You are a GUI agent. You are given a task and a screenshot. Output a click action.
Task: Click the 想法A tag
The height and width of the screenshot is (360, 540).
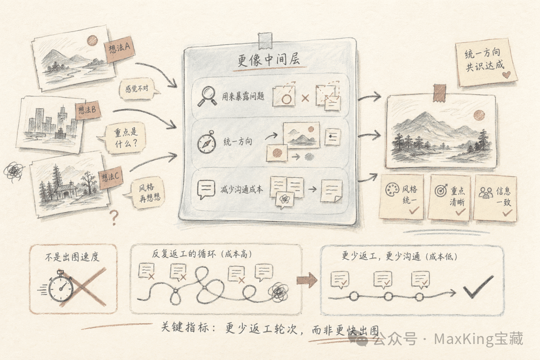click(x=119, y=48)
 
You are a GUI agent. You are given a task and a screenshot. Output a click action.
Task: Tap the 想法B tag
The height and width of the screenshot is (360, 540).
click(x=87, y=111)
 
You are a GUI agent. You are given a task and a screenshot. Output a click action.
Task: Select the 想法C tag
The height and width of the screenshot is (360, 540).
click(x=111, y=177)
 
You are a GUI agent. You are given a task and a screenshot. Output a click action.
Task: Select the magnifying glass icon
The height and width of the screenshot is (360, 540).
click(x=206, y=95)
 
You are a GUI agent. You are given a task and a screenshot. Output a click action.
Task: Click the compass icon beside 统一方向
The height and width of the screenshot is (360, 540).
click(x=206, y=142)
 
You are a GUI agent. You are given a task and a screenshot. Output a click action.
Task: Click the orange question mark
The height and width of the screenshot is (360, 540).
click(x=114, y=217)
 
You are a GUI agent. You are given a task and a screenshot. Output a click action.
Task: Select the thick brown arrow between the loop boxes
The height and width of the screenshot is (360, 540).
click(x=306, y=280)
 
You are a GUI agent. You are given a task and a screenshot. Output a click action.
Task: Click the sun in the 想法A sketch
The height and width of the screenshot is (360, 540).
click(x=92, y=40)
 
